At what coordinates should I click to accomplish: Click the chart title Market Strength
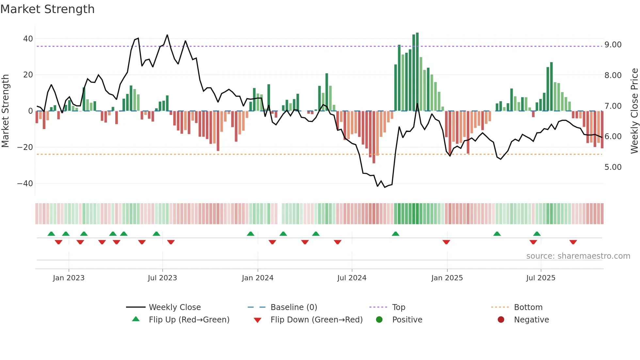click(47, 9)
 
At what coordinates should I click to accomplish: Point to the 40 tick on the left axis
click(28, 39)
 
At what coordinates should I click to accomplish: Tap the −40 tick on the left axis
click(25, 183)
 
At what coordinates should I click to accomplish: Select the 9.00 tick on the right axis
click(613, 45)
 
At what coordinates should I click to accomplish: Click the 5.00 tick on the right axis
click(613, 167)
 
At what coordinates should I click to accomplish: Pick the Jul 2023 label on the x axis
click(162, 278)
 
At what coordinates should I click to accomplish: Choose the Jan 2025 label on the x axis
click(447, 278)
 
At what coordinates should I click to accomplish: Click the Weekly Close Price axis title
click(634, 111)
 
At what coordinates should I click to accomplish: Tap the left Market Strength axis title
click(6, 111)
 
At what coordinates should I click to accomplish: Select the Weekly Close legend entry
click(175, 307)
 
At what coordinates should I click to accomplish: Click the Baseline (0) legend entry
click(294, 307)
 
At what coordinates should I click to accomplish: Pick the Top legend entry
click(398, 307)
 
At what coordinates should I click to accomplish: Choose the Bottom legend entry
click(528, 307)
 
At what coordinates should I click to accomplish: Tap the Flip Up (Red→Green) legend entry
click(189, 320)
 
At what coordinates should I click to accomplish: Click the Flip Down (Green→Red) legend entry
click(316, 320)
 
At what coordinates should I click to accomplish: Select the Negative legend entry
click(531, 320)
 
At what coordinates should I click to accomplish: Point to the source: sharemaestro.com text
click(578, 256)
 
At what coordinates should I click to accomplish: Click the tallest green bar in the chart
click(417, 72)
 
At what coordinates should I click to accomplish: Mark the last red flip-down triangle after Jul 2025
click(573, 242)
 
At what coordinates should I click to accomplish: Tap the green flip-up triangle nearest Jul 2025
click(537, 234)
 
